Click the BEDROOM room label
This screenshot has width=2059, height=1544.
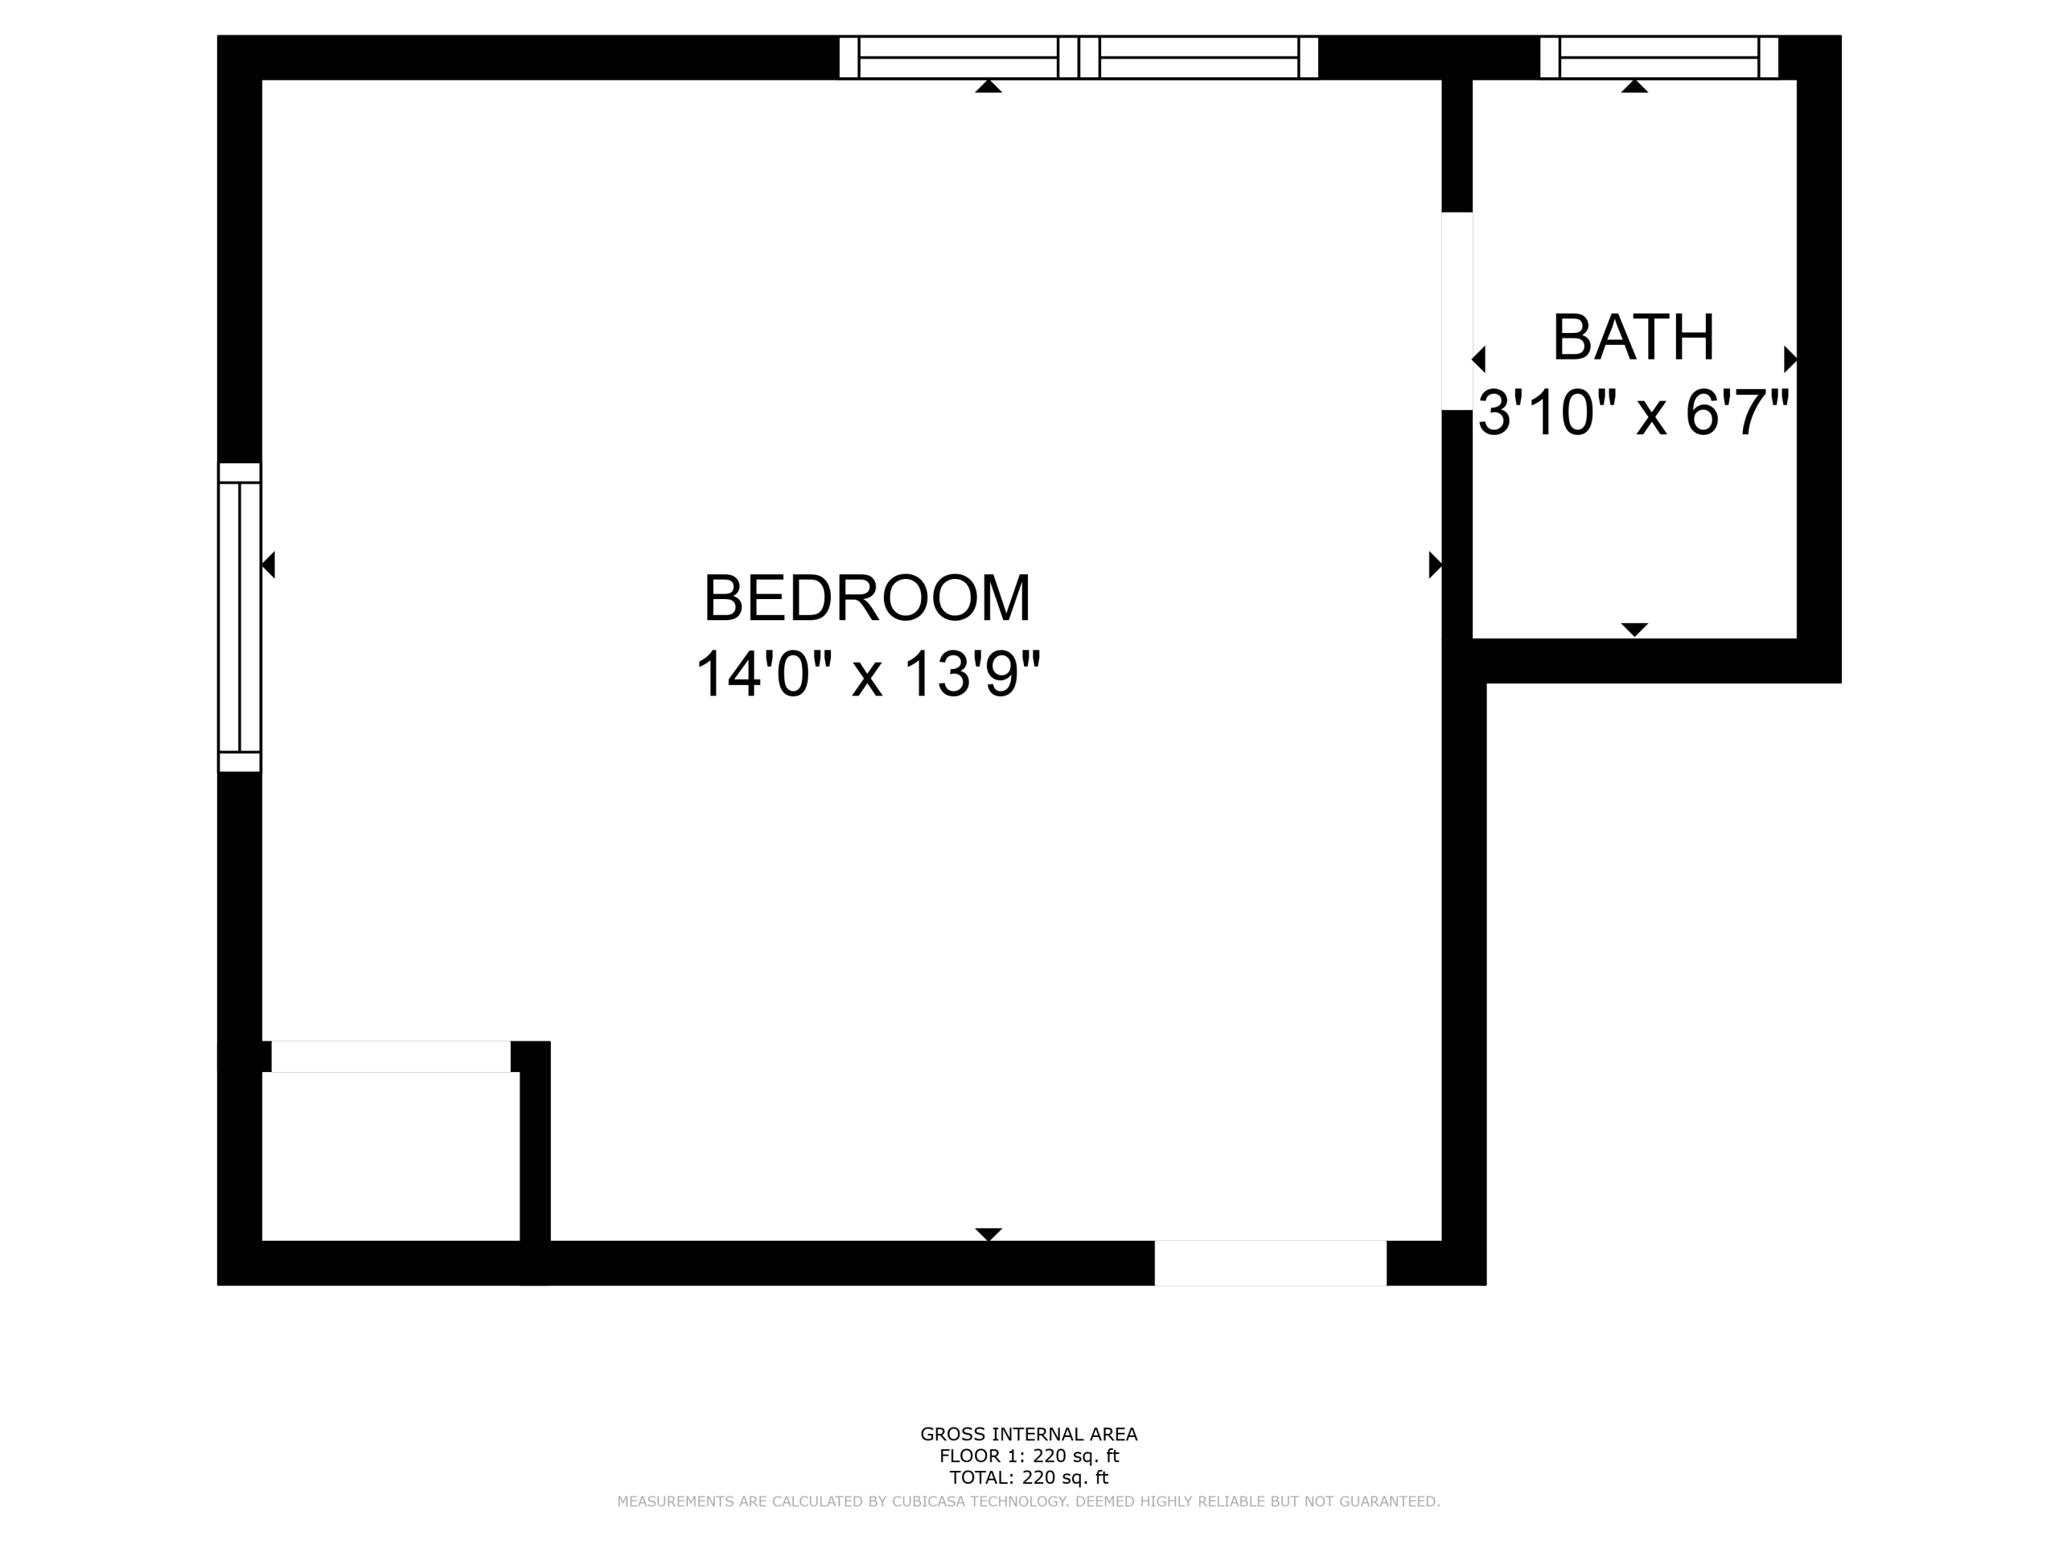tap(866, 597)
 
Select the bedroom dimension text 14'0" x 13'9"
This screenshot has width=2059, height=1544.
tap(866, 673)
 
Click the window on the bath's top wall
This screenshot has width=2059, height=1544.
tap(1658, 58)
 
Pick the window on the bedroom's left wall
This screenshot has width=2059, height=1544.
tap(239, 617)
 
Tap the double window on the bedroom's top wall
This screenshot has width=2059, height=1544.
tap(1079, 58)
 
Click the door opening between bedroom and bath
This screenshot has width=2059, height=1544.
tap(1457, 311)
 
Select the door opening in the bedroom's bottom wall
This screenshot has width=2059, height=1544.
tap(1271, 1263)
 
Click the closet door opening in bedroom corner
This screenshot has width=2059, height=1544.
tap(391, 1057)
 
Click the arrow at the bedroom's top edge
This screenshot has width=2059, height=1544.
tap(988, 87)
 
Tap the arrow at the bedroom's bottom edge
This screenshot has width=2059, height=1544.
tap(988, 1234)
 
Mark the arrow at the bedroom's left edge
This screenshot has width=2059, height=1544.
tap(268, 564)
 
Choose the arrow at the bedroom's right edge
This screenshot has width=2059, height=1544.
tap(1436, 564)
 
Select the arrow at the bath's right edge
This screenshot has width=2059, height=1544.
tap(1790, 359)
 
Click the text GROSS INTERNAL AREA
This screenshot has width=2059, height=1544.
tap(1029, 1434)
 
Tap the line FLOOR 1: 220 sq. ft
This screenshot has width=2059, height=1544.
tap(1029, 1456)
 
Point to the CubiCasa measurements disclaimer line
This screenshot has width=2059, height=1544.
tap(1029, 1501)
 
